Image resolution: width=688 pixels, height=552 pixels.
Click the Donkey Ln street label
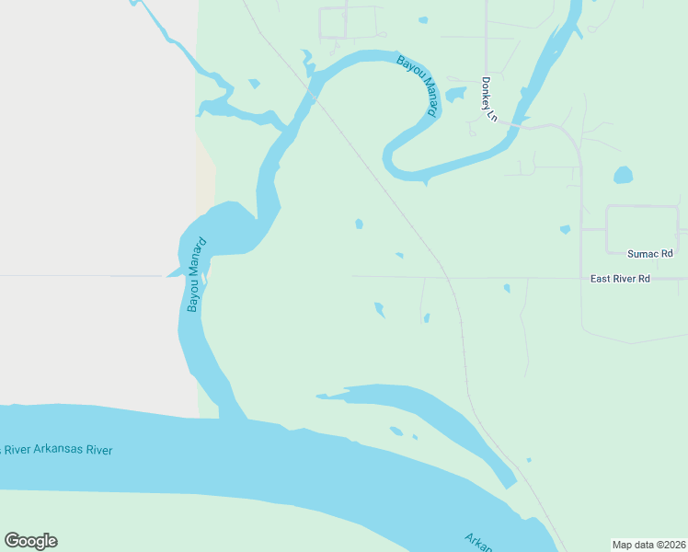click(x=487, y=98)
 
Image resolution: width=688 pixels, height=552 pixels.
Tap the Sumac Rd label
click(x=649, y=253)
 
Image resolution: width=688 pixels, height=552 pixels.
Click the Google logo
click(x=30, y=541)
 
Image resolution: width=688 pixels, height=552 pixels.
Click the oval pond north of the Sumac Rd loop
click(x=624, y=175)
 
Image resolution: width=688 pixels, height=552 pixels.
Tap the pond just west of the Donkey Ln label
click(x=455, y=94)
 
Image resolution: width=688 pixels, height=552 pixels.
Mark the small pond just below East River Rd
click(x=507, y=288)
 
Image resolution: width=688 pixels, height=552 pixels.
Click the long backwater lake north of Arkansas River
click(x=414, y=405)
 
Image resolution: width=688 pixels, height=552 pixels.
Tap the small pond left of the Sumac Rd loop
click(x=565, y=229)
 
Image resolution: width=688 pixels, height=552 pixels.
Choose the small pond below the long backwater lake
click(x=396, y=431)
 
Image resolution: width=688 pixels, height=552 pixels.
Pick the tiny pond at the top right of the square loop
click(x=422, y=19)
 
